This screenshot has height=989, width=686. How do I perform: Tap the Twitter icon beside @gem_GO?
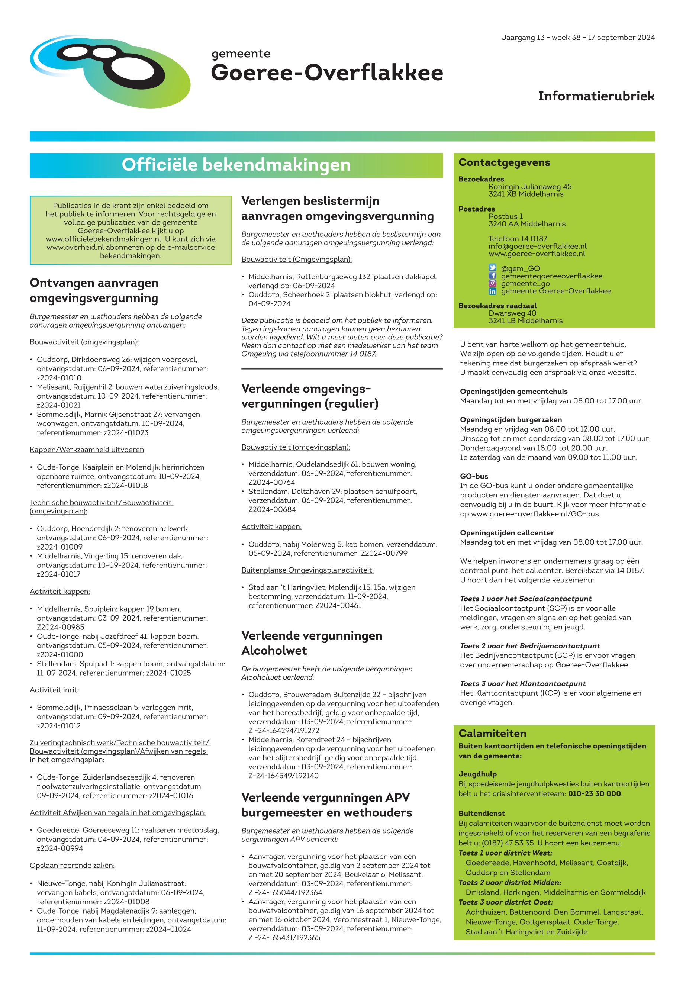point(493,268)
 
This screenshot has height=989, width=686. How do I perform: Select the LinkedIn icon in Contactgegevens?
point(493,291)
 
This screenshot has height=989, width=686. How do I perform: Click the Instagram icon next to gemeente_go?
point(493,283)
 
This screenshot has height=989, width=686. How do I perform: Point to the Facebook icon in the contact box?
point(493,276)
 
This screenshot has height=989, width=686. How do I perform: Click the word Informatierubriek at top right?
point(596,96)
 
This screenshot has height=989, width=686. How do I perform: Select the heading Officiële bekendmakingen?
point(236,165)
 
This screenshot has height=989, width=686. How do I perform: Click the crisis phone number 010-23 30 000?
point(595,793)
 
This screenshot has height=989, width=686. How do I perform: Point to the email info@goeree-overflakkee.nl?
point(537,246)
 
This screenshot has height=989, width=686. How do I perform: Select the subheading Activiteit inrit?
point(54,690)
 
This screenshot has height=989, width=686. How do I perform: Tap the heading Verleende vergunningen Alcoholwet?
point(312,642)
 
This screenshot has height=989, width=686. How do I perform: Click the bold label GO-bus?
point(474,476)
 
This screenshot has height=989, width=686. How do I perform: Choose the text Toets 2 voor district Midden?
point(510,882)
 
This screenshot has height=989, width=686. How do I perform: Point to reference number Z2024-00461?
point(338,606)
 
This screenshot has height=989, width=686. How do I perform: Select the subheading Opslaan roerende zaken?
point(72,865)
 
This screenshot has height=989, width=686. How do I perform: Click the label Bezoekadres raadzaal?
point(497,306)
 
